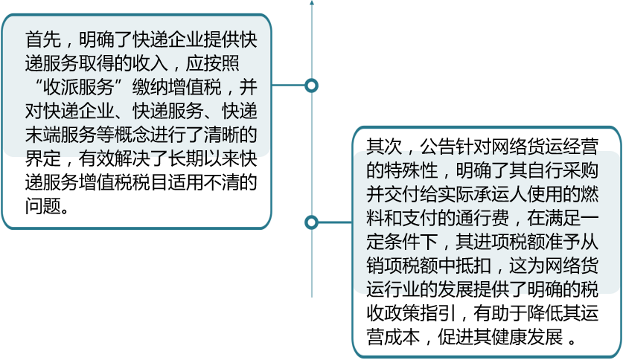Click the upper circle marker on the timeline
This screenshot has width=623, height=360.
(x=312, y=86)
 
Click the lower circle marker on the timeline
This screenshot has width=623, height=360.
(x=312, y=222)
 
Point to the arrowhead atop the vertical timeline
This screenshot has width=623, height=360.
(x=312, y=3)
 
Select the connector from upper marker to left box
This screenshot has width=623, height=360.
(x=289, y=86)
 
